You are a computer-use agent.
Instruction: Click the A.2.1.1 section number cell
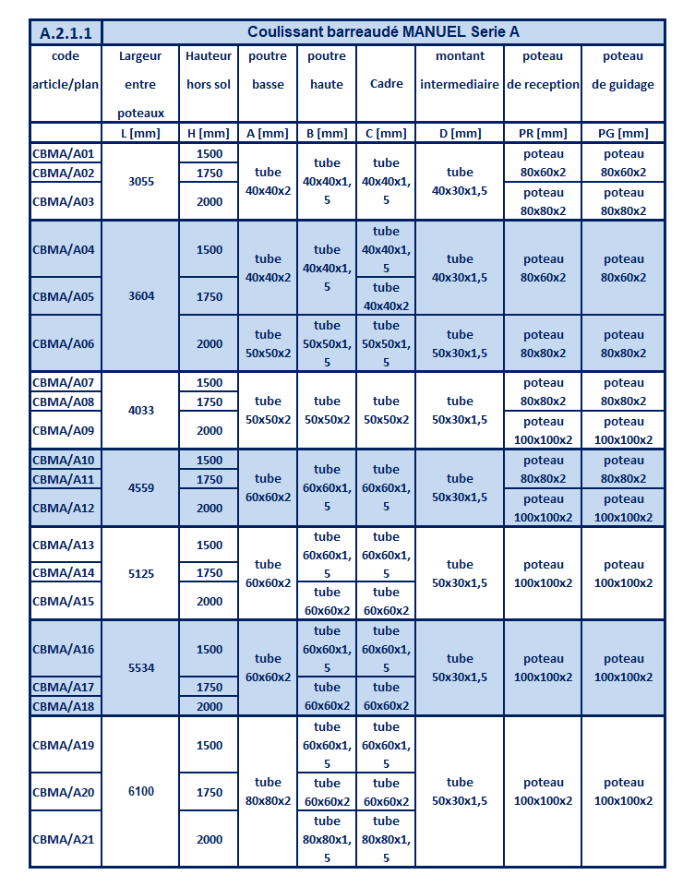click(65, 32)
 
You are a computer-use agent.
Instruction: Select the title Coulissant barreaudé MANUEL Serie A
click(383, 32)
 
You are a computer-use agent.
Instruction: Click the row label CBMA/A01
click(64, 153)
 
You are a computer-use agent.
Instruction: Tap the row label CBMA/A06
click(64, 343)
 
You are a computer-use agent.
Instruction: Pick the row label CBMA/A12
click(64, 508)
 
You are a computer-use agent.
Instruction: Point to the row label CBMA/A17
click(64, 687)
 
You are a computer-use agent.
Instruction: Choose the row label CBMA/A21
click(64, 839)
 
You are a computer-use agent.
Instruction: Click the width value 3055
click(140, 181)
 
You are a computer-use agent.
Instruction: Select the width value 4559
click(140, 487)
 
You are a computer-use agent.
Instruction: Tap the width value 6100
click(140, 791)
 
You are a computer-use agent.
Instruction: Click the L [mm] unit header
click(140, 133)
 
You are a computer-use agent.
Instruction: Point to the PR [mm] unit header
click(542, 133)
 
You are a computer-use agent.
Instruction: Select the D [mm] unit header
click(460, 133)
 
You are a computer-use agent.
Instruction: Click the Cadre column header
click(386, 84)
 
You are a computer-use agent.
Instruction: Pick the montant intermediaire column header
click(460, 70)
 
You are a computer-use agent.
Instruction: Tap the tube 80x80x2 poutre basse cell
click(268, 791)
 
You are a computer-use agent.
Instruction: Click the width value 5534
click(140, 667)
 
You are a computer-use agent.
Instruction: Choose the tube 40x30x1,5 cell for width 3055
click(460, 181)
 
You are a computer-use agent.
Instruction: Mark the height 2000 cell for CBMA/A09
click(210, 430)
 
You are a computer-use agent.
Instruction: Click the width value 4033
click(140, 410)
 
